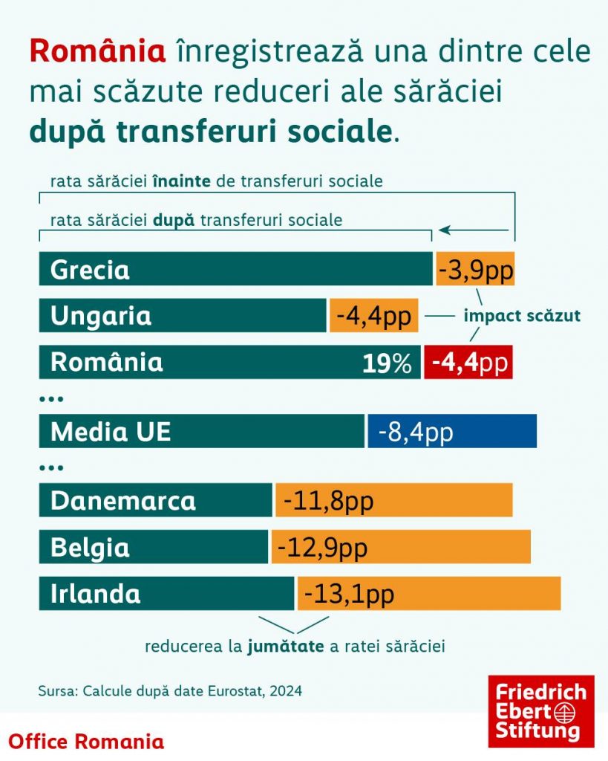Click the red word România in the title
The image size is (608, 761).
pos(97,51)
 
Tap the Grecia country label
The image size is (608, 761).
pos(90,270)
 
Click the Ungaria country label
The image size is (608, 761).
pos(101,316)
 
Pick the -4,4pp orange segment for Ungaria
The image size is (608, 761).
pos(374,316)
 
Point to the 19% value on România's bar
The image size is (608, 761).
pos(387,363)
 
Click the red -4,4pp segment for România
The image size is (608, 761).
pos(468,363)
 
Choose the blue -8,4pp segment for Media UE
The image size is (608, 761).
pos(451,432)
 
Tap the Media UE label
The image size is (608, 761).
pos(111,432)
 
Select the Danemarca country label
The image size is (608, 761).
pos(123,501)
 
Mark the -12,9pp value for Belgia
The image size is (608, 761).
pos(323,548)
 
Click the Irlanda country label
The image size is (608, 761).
pos(96,594)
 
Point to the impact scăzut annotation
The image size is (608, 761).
pos(522,316)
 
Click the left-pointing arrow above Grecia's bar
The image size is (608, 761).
pos(476,230)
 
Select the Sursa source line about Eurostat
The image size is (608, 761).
pos(170,690)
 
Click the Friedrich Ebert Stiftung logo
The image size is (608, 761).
pos(540,711)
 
